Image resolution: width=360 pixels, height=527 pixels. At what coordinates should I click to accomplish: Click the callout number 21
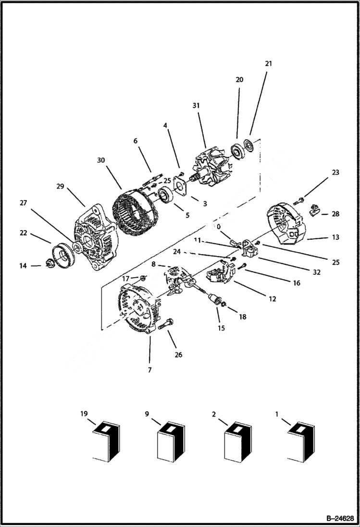coord(268,63)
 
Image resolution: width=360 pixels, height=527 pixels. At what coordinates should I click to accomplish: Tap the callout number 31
coord(196,105)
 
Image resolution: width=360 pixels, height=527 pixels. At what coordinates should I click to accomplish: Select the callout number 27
coord(23,203)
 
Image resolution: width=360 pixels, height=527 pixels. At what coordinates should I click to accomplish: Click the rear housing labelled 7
coord(137,310)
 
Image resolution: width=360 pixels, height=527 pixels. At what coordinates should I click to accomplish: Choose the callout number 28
coord(335,214)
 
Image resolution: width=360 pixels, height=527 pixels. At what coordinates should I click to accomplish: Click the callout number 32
coord(316,272)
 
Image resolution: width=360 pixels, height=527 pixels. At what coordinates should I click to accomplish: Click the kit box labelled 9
coord(171,443)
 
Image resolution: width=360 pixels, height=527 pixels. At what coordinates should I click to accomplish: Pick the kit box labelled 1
coord(302,443)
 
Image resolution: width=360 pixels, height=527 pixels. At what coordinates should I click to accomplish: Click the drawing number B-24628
coord(338,518)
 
